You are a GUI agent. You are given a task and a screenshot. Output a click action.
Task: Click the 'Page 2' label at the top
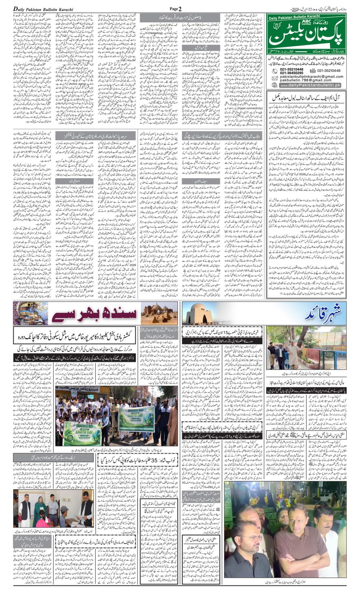pos(175,8)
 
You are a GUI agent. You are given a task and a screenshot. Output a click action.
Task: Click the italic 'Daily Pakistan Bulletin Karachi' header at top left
pos(43,9)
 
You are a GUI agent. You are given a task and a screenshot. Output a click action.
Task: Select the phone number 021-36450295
pos(292,73)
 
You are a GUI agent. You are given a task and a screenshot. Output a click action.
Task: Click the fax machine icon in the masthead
pos(313,70)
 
